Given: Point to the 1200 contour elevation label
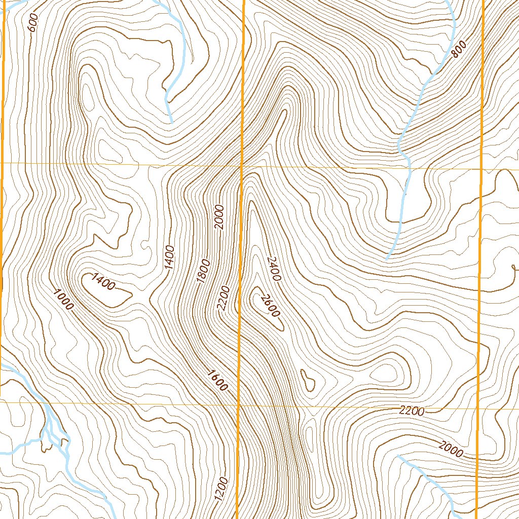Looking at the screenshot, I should [x=221, y=489].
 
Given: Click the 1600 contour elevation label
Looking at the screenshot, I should [x=217, y=381].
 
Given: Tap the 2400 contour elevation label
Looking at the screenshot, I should [x=274, y=268].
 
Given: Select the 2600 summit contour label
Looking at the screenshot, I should [x=268, y=306].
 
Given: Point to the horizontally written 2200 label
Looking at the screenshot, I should [x=411, y=412].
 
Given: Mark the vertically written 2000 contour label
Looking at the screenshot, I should [x=219, y=217].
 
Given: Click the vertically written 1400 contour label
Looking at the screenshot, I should [x=169, y=256].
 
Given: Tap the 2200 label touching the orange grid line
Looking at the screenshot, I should [x=224, y=299].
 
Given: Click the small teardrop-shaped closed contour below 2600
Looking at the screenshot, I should [x=307, y=380].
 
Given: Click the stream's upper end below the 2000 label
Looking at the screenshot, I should [x=397, y=456].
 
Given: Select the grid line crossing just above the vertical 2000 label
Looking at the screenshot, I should [x=241, y=166].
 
